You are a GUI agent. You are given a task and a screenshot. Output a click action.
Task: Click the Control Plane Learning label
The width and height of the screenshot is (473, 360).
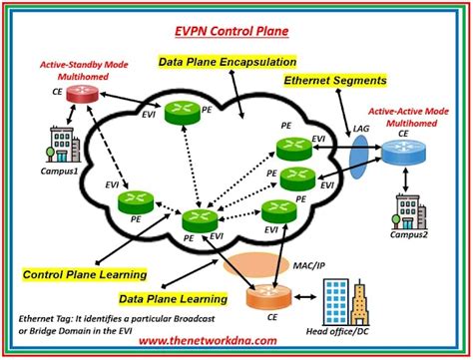click(86, 273)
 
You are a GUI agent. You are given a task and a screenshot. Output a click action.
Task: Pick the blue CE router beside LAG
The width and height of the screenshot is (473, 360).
click(401, 152)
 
